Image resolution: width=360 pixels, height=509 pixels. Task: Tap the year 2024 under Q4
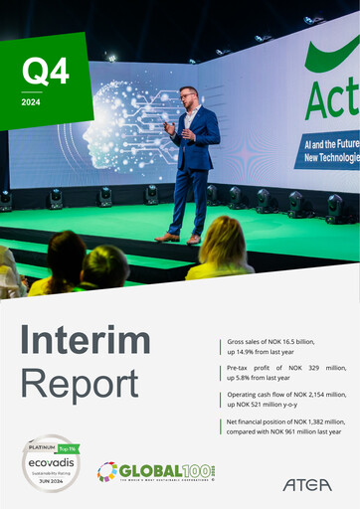pyautogui.click(x=32, y=101)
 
